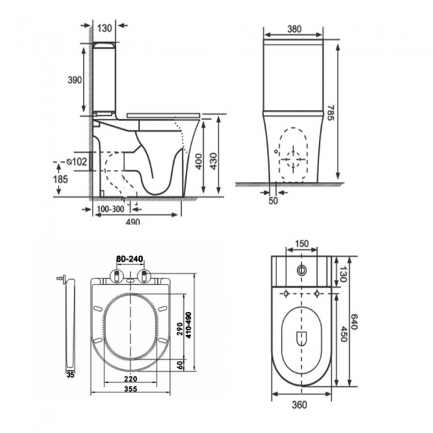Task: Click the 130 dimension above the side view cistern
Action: tap(104, 27)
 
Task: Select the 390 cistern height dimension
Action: tap(75, 80)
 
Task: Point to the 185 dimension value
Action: tap(61, 179)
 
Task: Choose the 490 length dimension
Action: tap(133, 221)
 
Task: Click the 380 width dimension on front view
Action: tap(292, 29)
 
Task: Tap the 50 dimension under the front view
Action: tap(272, 200)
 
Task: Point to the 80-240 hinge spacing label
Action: tap(129, 259)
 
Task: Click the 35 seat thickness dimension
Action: tap(70, 375)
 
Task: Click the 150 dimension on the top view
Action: tap(302, 243)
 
